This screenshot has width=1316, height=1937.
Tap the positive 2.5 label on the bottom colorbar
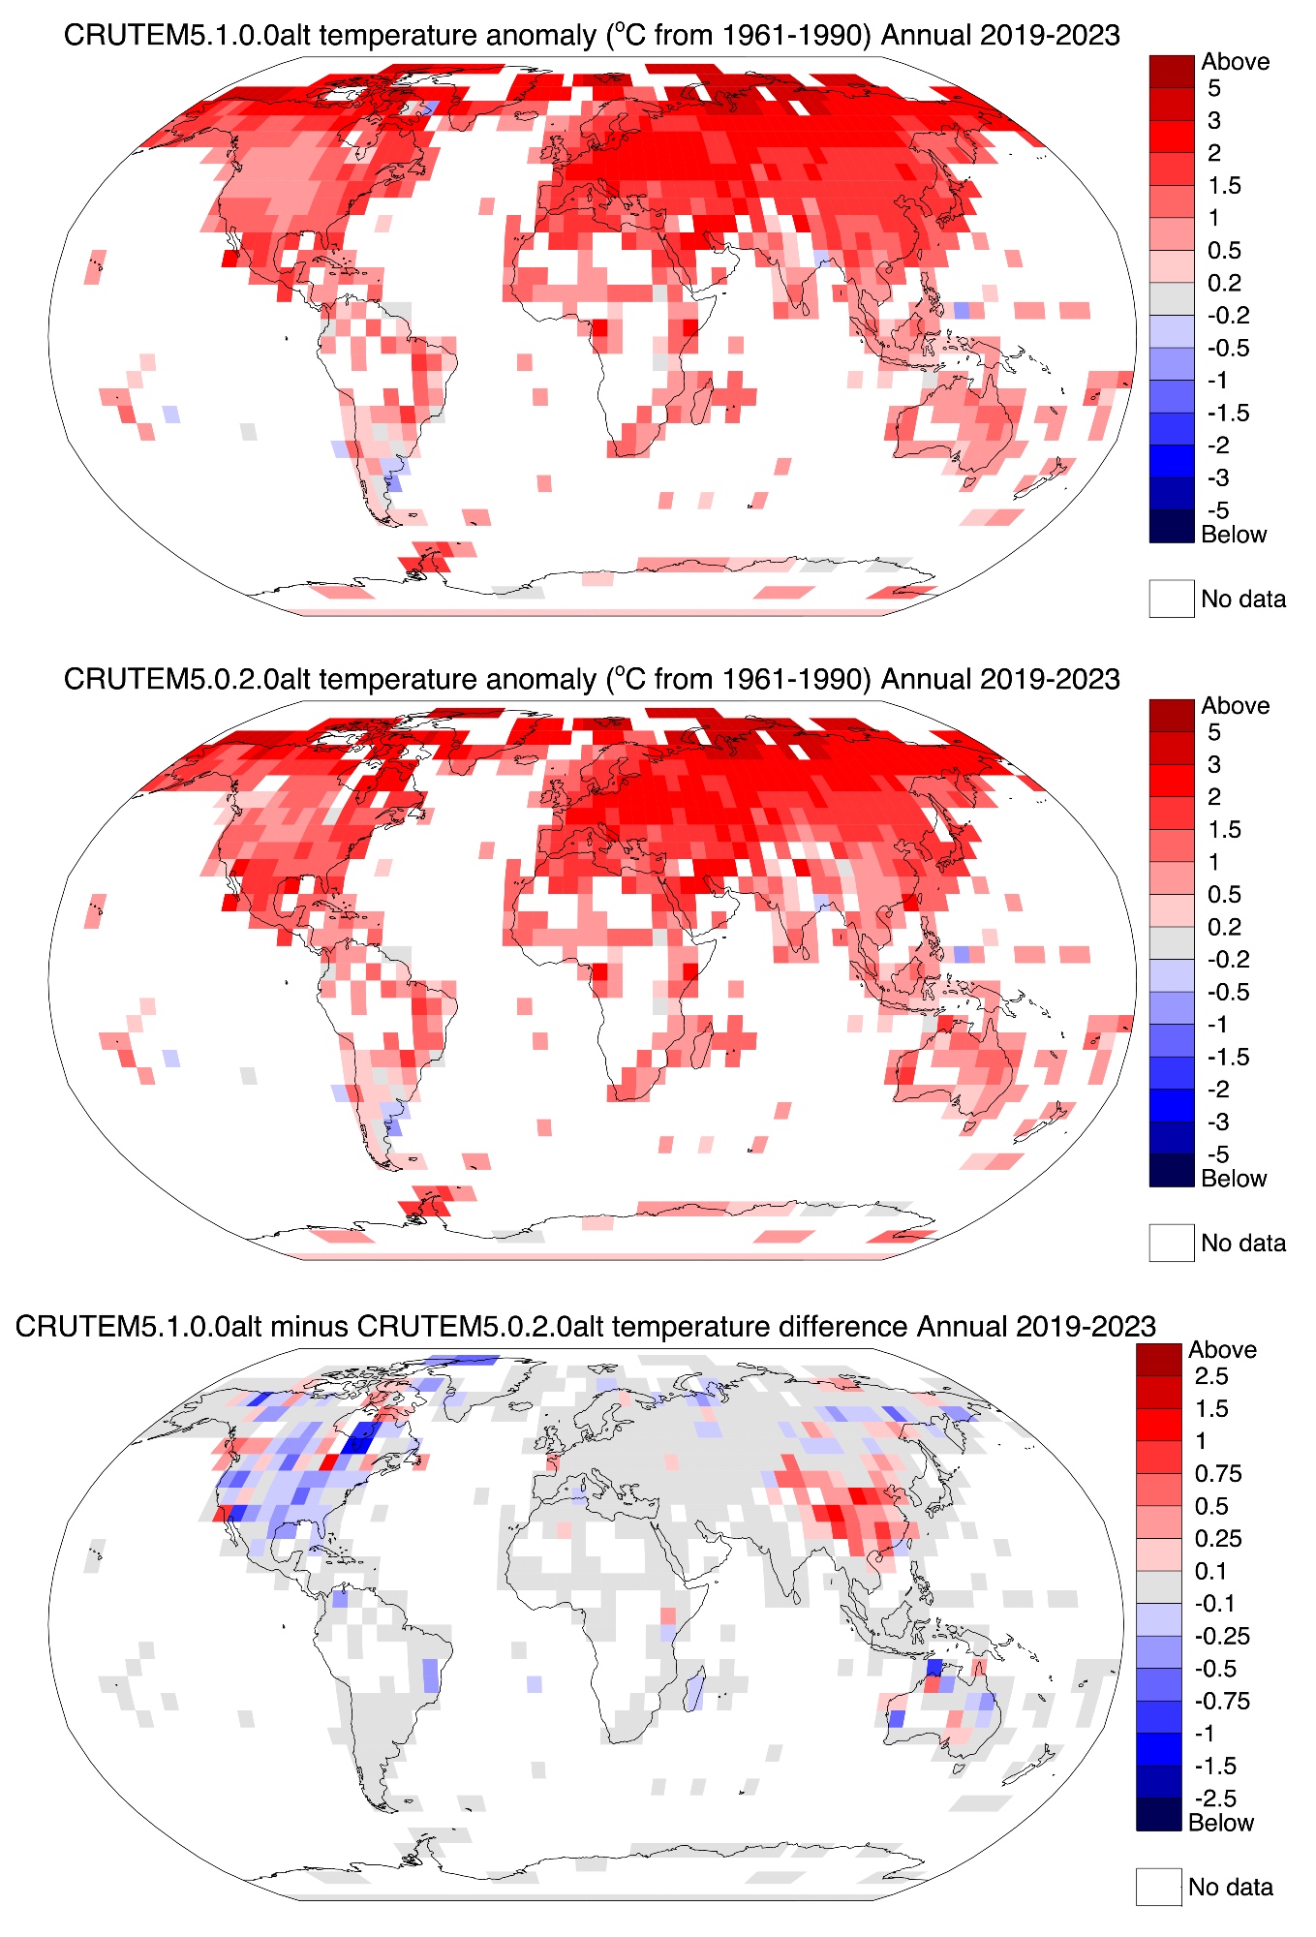click(x=1210, y=1376)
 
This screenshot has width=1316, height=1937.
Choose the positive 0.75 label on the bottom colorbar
click(x=1217, y=1474)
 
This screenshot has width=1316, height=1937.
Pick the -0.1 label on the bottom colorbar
click(x=1213, y=1604)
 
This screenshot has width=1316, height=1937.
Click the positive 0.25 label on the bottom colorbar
click(x=1217, y=1539)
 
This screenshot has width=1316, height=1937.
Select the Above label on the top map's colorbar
click(x=1235, y=62)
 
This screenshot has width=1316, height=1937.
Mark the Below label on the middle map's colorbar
click(x=1233, y=1179)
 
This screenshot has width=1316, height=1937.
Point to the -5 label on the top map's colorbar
click(x=1217, y=510)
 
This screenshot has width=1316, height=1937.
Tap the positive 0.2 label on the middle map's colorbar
click(x=1224, y=927)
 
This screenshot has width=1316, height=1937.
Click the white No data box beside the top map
click(x=1171, y=599)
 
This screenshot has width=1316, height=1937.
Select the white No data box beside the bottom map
click(x=1158, y=1887)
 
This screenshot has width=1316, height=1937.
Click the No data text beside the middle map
click(x=1243, y=1244)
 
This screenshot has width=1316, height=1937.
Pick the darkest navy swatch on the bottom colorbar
click(x=1158, y=1814)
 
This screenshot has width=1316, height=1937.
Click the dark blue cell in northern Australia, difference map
click(x=933, y=1668)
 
